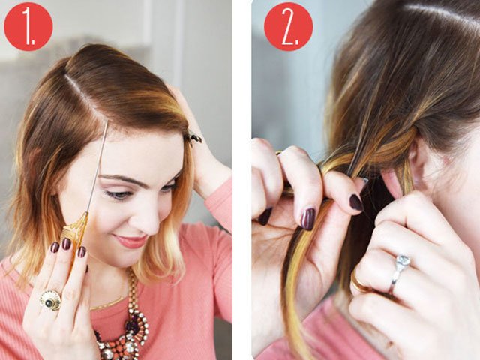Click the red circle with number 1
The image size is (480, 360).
tap(28, 26)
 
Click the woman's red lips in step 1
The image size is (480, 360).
tap(132, 241)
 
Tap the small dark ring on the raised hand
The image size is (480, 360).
tap(194, 138)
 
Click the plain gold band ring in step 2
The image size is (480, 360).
tap(361, 283)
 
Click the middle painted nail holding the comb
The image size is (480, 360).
tap(66, 244)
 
